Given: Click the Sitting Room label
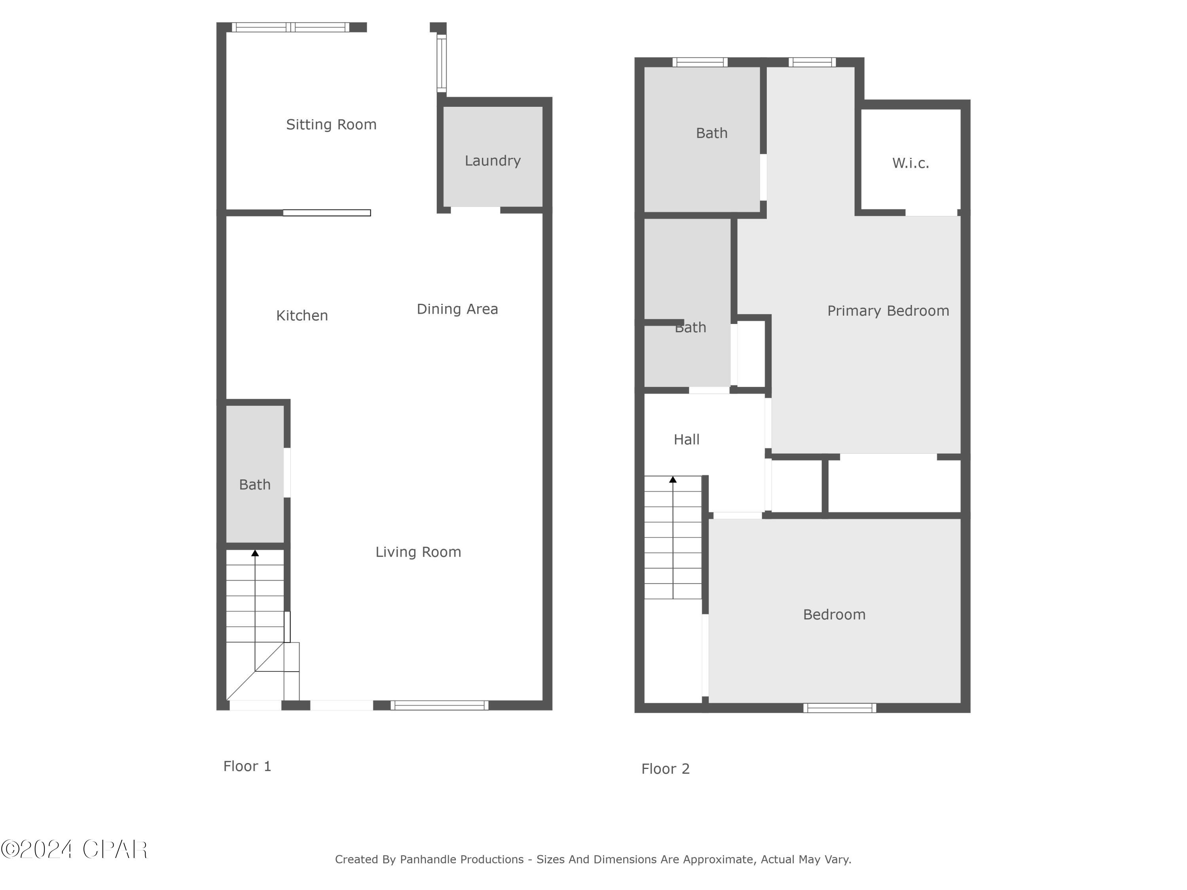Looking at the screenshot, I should pyautogui.click(x=331, y=125).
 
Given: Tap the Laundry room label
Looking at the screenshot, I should pyautogui.click(x=492, y=161).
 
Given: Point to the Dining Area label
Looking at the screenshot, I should pyautogui.click(x=457, y=309).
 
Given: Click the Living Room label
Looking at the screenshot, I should pyautogui.click(x=418, y=552).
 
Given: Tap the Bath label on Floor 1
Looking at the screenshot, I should pyautogui.click(x=254, y=485).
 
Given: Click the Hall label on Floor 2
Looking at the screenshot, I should pyautogui.click(x=686, y=439).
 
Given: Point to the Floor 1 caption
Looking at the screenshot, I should pyautogui.click(x=247, y=766).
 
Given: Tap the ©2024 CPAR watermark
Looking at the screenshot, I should pyautogui.click(x=74, y=849).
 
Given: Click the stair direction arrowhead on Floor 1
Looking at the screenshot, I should pyautogui.click(x=255, y=553).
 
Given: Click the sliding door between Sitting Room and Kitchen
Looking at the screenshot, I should pyautogui.click(x=326, y=213).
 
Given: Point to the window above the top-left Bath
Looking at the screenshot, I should pyautogui.click(x=700, y=62).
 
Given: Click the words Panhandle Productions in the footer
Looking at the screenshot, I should pyautogui.click(x=461, y=860).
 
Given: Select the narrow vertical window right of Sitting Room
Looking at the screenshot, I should pyautogui.click(x=441, y=63).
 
